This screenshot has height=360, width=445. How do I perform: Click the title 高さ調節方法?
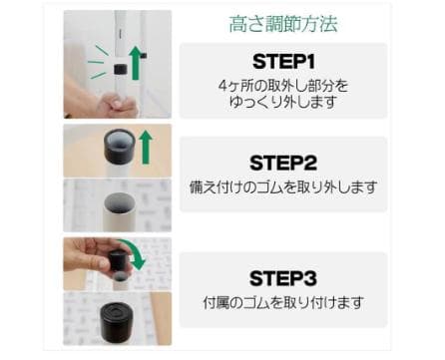(283, 24)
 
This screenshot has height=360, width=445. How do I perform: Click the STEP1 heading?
(283, 62)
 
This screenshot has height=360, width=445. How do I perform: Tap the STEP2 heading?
(283, 163)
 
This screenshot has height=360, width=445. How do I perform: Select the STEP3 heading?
(283, 278)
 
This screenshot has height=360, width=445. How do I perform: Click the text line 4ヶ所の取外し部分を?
(283, 86)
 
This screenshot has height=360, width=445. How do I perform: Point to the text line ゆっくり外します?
(283, 102)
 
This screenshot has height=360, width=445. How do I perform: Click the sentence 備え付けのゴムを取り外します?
(283, 187)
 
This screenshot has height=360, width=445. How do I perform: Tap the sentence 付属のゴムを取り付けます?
(283, 302)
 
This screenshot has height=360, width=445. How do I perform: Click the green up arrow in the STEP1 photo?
(136, 63)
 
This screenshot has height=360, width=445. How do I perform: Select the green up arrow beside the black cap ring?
(146, 147)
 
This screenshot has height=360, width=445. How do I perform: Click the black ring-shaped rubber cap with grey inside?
(120, 147)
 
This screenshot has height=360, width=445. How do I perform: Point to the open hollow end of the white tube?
(120, 203)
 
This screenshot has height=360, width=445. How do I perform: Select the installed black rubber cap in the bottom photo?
(117, 320)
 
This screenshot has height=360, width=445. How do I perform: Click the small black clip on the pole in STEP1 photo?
(120, 69)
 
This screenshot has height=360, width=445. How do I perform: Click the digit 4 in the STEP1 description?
(222, 86)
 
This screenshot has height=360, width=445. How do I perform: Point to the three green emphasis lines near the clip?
(97, 62)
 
